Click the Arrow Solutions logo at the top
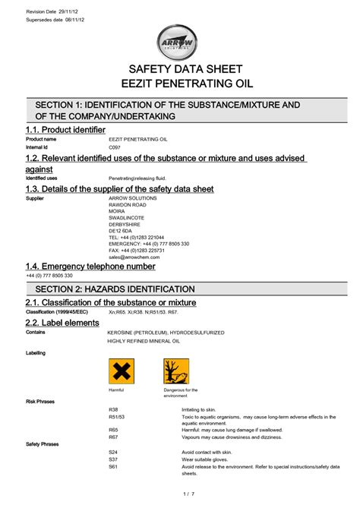[x=181, y=43]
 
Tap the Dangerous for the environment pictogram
[x=176, y=371]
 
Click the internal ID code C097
[x=115, y=147]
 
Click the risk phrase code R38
[x=114, y=409]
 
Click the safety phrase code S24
[x=114, y=452]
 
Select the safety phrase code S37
[x=114, y=459]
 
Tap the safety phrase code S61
[x=114, y=467]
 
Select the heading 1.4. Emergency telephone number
[x=90, y=267]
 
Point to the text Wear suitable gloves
[x=196, y=459]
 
